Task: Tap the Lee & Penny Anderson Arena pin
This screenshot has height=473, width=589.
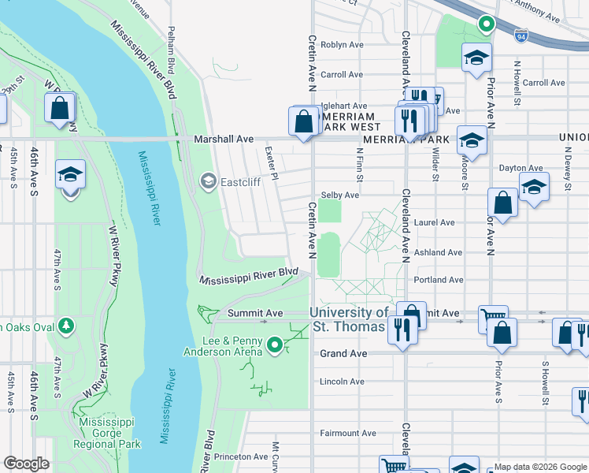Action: (274, 345)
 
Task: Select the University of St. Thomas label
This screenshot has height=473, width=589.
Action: (348, 319)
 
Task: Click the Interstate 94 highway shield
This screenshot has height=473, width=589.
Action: (520, 35)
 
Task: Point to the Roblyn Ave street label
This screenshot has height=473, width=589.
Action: (341, 45)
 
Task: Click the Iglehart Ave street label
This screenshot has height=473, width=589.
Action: (344, 106)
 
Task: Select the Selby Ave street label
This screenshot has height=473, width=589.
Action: (340, 195)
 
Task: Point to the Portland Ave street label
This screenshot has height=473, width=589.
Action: (438, 280)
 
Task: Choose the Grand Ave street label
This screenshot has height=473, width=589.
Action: (343, 354)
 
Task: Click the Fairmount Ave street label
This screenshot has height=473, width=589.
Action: (347, 434)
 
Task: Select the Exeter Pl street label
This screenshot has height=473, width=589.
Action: (272, 162)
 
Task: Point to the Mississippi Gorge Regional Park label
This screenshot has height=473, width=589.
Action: (110, 433)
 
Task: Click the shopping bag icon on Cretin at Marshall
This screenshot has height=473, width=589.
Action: (304, 122)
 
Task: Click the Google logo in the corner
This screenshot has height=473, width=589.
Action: (27, 464)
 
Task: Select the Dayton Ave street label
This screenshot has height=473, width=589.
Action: (521, 168)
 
